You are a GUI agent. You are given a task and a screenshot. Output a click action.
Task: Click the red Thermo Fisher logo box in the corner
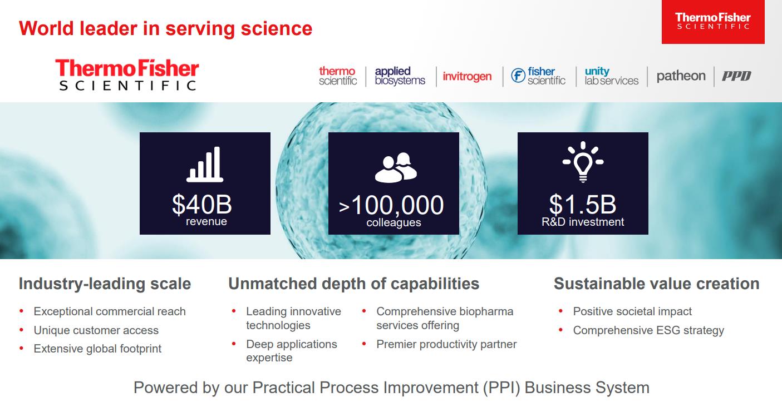(713, 22)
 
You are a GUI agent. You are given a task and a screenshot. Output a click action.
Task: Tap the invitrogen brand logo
(467, 76)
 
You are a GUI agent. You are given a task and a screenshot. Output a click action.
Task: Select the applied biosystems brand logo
(400, 76)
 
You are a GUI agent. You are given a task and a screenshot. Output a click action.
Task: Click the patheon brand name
(681, 76)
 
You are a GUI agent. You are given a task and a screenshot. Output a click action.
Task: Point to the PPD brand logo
(736, 76)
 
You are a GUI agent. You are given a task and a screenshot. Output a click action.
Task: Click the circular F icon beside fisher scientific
(518, 75)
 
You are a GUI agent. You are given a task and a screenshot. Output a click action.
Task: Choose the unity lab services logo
(612, 76)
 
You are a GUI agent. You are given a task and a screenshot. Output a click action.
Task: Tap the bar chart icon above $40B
(205, 164)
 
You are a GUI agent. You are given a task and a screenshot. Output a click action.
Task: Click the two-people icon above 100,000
(396, 167)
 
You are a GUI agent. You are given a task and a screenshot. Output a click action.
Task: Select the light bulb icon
(583, 162)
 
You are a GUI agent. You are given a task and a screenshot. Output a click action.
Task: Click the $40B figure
(202, 204)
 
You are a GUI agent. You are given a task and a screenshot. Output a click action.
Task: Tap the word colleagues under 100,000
(394, 222)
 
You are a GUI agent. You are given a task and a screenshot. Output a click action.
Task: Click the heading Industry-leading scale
(105, 284)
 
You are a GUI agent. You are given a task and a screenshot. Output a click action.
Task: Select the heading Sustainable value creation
(657, 284)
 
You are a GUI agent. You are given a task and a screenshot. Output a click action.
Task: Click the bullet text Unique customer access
(96, 330)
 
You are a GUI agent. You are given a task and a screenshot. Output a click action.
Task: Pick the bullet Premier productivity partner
(446, 345)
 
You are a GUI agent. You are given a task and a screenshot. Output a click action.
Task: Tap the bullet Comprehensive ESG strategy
(648, 330)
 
